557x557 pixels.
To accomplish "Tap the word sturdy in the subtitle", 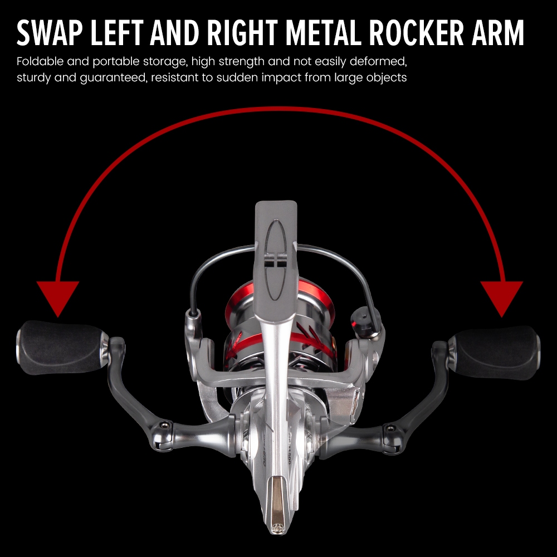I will (x=33, y=77).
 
